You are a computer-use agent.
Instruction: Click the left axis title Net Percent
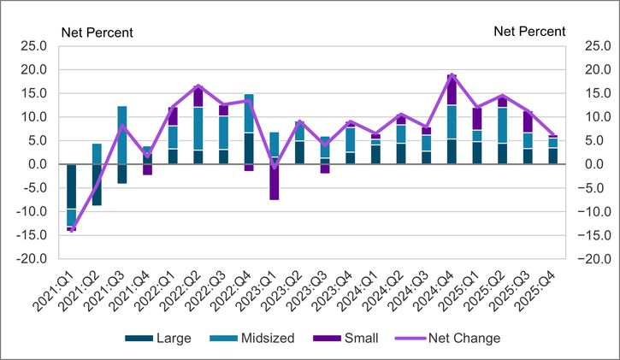point(96,32)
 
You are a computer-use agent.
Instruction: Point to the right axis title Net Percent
point(529,32)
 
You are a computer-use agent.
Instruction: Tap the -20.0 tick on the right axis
point(595,259)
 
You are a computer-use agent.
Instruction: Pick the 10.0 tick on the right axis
point(593,117)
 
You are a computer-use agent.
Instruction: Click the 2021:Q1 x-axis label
point(58,287)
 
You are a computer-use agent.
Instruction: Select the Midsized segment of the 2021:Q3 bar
point(122,134)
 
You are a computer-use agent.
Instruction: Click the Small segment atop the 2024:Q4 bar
point(452,90)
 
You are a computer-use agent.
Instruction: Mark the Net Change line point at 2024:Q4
point(452,75)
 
